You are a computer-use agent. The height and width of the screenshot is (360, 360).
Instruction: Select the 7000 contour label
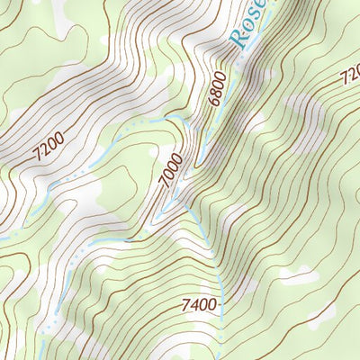(171, 170)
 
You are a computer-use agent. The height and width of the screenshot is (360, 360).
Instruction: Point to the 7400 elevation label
(198, 305)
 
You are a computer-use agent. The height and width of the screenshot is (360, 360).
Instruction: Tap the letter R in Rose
(239, 38)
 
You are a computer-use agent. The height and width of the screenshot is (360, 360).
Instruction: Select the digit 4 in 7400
(193, 305)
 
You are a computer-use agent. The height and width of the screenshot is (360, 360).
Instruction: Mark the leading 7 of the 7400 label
(184, 305)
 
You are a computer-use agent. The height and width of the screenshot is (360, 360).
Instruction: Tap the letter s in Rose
(255, 17)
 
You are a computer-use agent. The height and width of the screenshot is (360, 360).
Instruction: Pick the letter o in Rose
(247, 27)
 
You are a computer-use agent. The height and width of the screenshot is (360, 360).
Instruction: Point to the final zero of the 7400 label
(211, 305)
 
